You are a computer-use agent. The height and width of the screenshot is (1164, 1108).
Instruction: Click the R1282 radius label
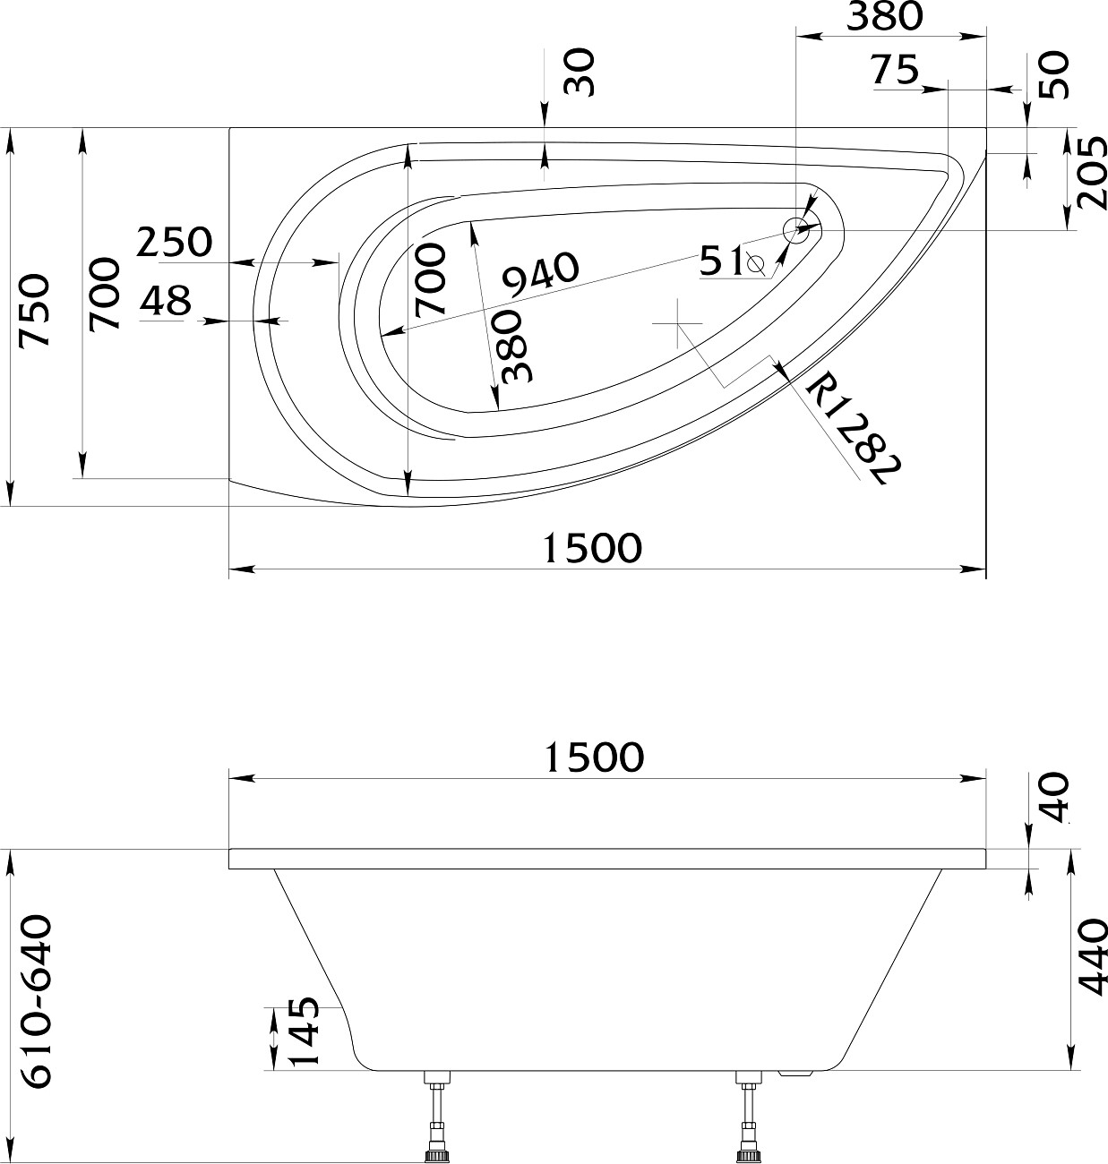coord(850,430)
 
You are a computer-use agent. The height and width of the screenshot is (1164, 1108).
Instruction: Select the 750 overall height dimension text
coord(35,311)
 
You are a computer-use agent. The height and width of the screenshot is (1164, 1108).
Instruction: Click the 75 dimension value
coord(896,70)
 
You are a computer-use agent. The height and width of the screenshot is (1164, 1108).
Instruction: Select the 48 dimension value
coord(167,302)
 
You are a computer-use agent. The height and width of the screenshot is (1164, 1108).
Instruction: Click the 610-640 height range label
coord(38,1001)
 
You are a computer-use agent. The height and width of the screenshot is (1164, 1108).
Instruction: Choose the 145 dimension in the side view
coord(305,1031)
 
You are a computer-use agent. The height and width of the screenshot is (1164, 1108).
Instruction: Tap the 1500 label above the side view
coord(594,757)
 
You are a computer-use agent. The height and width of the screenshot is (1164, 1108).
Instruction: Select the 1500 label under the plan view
coord(593,547)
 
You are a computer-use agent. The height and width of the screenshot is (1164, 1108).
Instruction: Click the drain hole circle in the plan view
coord(796,231)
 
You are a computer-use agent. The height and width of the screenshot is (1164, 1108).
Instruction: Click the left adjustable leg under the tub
coord(436,1118)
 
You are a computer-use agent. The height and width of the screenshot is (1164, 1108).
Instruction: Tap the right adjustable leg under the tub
coord(747,1118)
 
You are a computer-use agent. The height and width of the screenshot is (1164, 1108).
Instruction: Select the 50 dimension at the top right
coord(1055,75)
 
